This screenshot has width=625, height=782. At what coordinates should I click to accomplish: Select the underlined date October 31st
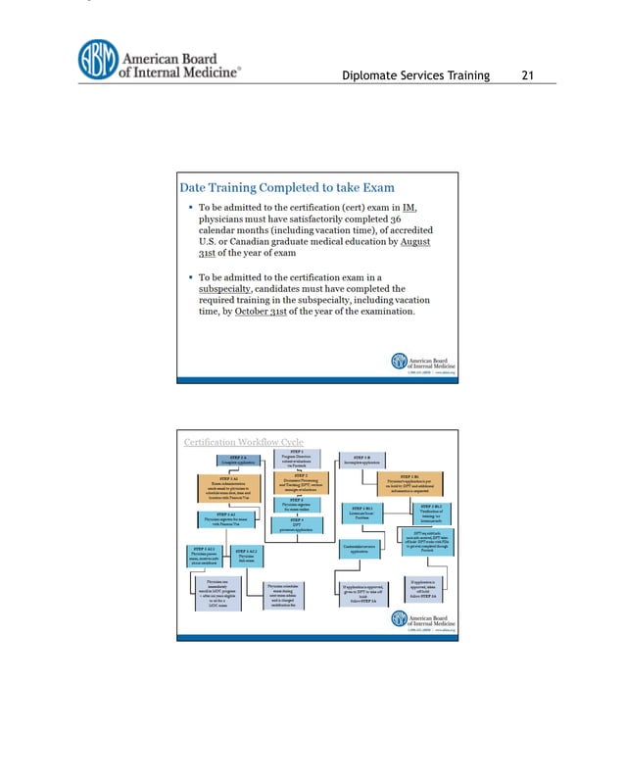254,312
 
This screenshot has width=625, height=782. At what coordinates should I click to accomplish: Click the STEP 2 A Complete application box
236,460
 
